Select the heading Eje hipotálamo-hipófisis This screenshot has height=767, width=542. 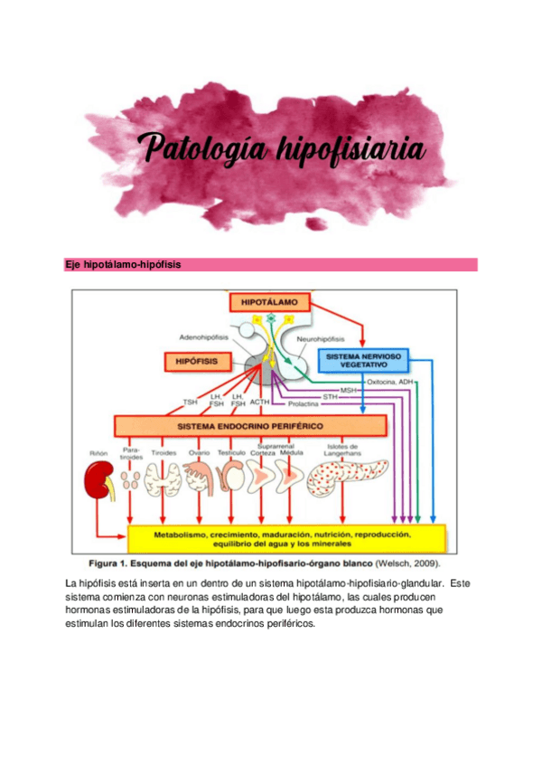click(x=122, y=265)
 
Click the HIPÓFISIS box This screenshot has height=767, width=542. click(x=192, y=361)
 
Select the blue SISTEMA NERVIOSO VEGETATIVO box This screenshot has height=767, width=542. click(x=366, y=359)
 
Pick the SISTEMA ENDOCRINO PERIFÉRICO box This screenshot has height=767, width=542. click(x=250, y=425)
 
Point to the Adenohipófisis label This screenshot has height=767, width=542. click(x=204, y=336)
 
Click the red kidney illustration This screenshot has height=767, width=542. click(x=101, y=481)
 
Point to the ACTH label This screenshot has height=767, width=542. click(x=260, y=402)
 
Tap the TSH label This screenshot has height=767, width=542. click(x=190, y=402)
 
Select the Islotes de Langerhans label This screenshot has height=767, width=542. click(x=342, y=450)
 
